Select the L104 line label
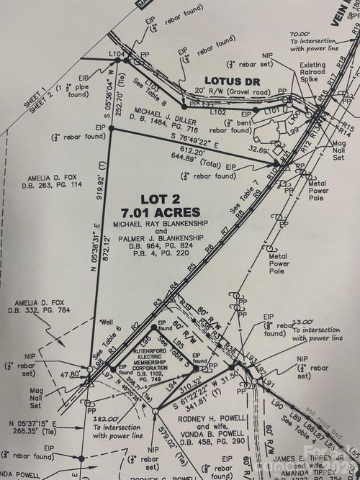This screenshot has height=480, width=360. (x=117, y=55)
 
